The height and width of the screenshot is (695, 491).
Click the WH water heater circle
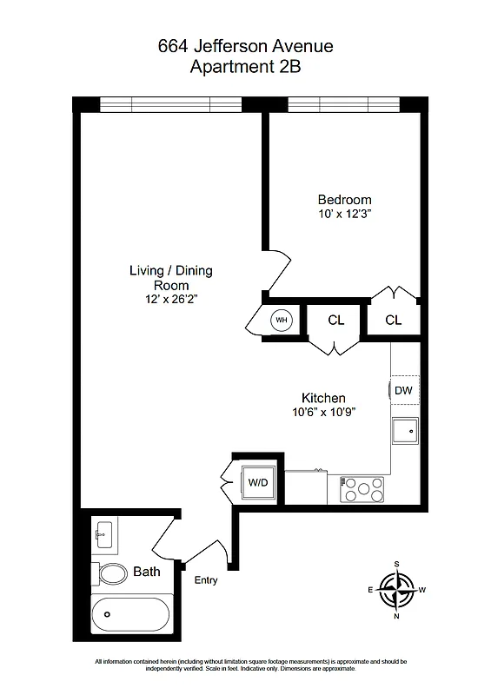click(281, 320)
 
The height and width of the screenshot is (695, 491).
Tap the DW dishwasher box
click(403, 390)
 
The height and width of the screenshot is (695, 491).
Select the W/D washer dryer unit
click(258, 481)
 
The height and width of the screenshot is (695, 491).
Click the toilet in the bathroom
click(112, 573)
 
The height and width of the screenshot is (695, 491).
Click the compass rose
click(397, 591)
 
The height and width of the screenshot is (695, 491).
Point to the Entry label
click(206, 580)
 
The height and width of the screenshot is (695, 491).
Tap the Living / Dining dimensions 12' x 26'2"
click(170, 299)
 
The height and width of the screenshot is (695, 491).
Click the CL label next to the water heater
click(336, 320)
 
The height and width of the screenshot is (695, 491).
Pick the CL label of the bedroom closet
click(394, 320)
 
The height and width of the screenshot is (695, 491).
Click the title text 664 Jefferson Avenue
click(245, 46)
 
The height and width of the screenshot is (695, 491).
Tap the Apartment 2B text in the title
click(245, 65)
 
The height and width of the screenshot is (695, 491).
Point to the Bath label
click(147, 573)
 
